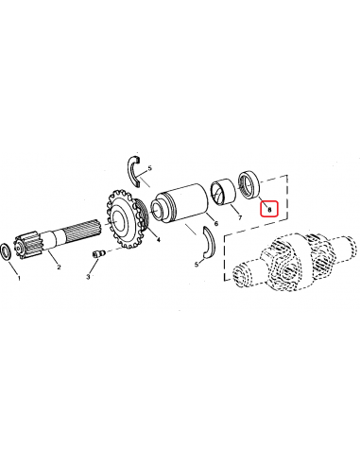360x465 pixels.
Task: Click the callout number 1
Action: (16, 280)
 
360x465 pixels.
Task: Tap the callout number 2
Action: (60, 267)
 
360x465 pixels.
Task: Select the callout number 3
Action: (88, 278)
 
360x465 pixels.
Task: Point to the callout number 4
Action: (157, 240)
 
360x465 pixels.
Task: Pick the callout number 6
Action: (215, 224)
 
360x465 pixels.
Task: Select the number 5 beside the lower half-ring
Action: (197, 265)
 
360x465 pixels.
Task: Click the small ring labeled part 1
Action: (8, 251)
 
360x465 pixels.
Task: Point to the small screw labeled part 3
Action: (96, 254)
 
